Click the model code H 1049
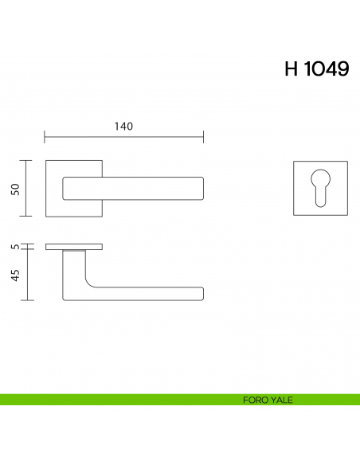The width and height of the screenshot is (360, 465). (x=316, y=69)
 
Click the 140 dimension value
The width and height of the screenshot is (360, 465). (x=123, y=127)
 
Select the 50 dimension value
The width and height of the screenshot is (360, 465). (x=15, y=188)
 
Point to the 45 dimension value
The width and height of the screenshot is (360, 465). (x=15, y=275)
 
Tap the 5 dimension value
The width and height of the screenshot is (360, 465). (x=15, y=247)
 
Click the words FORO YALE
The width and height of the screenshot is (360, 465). (x=268, y=400)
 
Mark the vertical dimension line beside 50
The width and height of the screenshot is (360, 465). (x=29, y=188)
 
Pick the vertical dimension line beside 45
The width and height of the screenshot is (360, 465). (x=29, y=275)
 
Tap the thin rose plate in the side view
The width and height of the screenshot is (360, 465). (x=74, y=247)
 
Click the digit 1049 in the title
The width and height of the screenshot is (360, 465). (x=327, y=69)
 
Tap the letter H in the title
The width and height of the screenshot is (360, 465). (x=291, y=69)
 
